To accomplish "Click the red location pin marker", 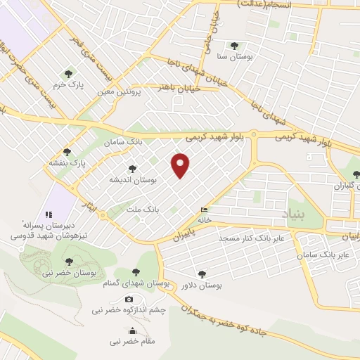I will tap(181, 165).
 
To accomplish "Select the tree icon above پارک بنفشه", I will tap(67, 152).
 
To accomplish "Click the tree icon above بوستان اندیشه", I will tap(132, 169).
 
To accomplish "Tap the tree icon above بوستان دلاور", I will tap(202, 274).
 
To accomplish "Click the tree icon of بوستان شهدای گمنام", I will tap(136, 272).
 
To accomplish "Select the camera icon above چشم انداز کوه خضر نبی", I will tap(129, 300).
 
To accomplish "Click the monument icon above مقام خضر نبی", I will tap(132, 331).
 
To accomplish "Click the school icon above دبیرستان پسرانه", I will tap(49, 214).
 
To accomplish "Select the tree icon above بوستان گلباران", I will tap(355, 175).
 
